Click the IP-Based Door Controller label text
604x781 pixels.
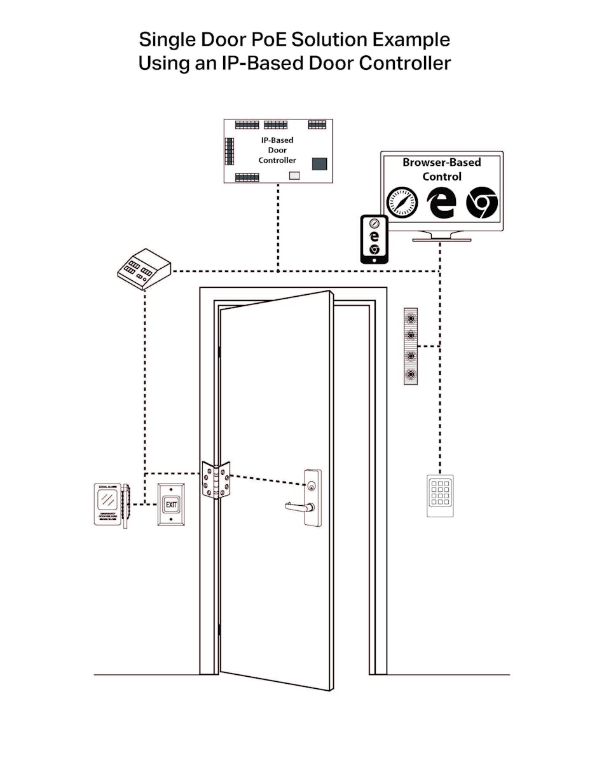point(277,151)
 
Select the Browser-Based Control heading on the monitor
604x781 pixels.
point(442,169)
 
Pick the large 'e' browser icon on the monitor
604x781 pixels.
point(442,203)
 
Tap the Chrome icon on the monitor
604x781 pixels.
point(481,203)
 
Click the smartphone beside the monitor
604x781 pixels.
point(374,239)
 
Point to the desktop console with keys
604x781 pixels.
point(144,268)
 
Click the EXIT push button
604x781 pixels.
point(172,505)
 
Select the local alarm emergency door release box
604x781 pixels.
point(109,505)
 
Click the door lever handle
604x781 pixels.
point(299,506)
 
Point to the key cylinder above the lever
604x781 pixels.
point(312,485)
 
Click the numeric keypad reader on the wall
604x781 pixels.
point(440,496)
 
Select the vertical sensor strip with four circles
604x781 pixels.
point(411,347)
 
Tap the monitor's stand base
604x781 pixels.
point(442,239)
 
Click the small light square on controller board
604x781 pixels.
point(294,176)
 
